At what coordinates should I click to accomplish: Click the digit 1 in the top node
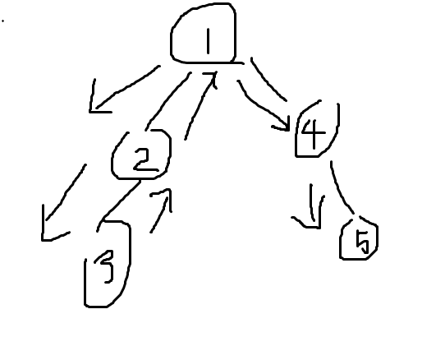pyautogui.click(x=209, y=41)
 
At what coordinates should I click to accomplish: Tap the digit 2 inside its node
pyautogui.click(x=145, y=159)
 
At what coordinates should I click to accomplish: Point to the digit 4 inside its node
pyautogui.click(x=314, y=133)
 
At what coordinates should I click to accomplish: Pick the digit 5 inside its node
pyautogui.click(x=363, y=242)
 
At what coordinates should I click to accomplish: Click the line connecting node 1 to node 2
pyautogui.click(x=167, y=100)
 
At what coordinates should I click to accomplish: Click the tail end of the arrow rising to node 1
pyautogui.click(x=186, y=139)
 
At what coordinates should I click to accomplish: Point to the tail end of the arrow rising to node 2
pyautogui.click(x=151, y=232)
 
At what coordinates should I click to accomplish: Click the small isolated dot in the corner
pyautogui.click(x=2, y=21)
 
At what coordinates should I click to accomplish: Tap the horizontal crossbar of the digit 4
pyautogui.click(x=314, y=132)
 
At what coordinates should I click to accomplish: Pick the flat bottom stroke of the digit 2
pyautogui.click(x=146, y=170)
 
